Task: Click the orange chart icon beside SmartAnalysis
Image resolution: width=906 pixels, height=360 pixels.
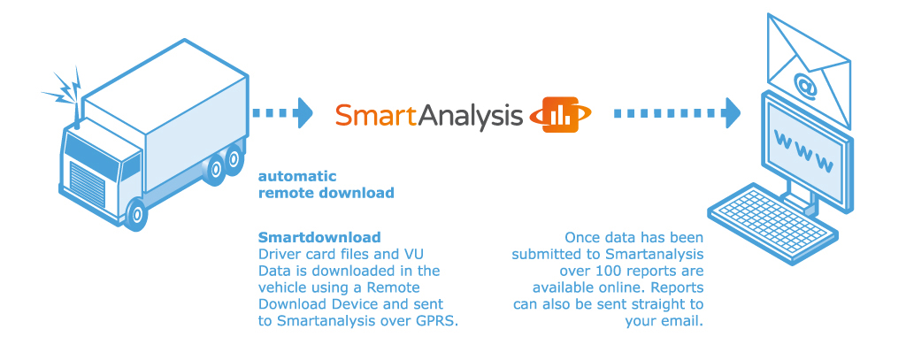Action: tap(560, 114)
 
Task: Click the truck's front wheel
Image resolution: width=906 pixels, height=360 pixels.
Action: tap(136, 214)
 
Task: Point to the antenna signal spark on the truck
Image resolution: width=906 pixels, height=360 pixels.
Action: tap(64, 89)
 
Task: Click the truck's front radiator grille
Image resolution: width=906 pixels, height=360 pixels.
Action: tap(88, 182)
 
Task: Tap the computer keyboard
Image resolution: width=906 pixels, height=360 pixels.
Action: tap(772, 223)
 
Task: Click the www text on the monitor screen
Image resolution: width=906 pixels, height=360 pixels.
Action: tap(803, 152)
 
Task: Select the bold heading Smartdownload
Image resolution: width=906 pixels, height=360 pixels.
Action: tap(319, 238)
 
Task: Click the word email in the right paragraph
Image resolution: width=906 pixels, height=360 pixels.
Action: tap(682, 322)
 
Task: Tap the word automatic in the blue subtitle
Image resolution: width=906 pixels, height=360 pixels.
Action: tap(297, 176)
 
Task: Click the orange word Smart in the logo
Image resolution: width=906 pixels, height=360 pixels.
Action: tap(375, 115)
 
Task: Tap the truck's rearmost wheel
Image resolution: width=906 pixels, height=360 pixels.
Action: tap(234, 159)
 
